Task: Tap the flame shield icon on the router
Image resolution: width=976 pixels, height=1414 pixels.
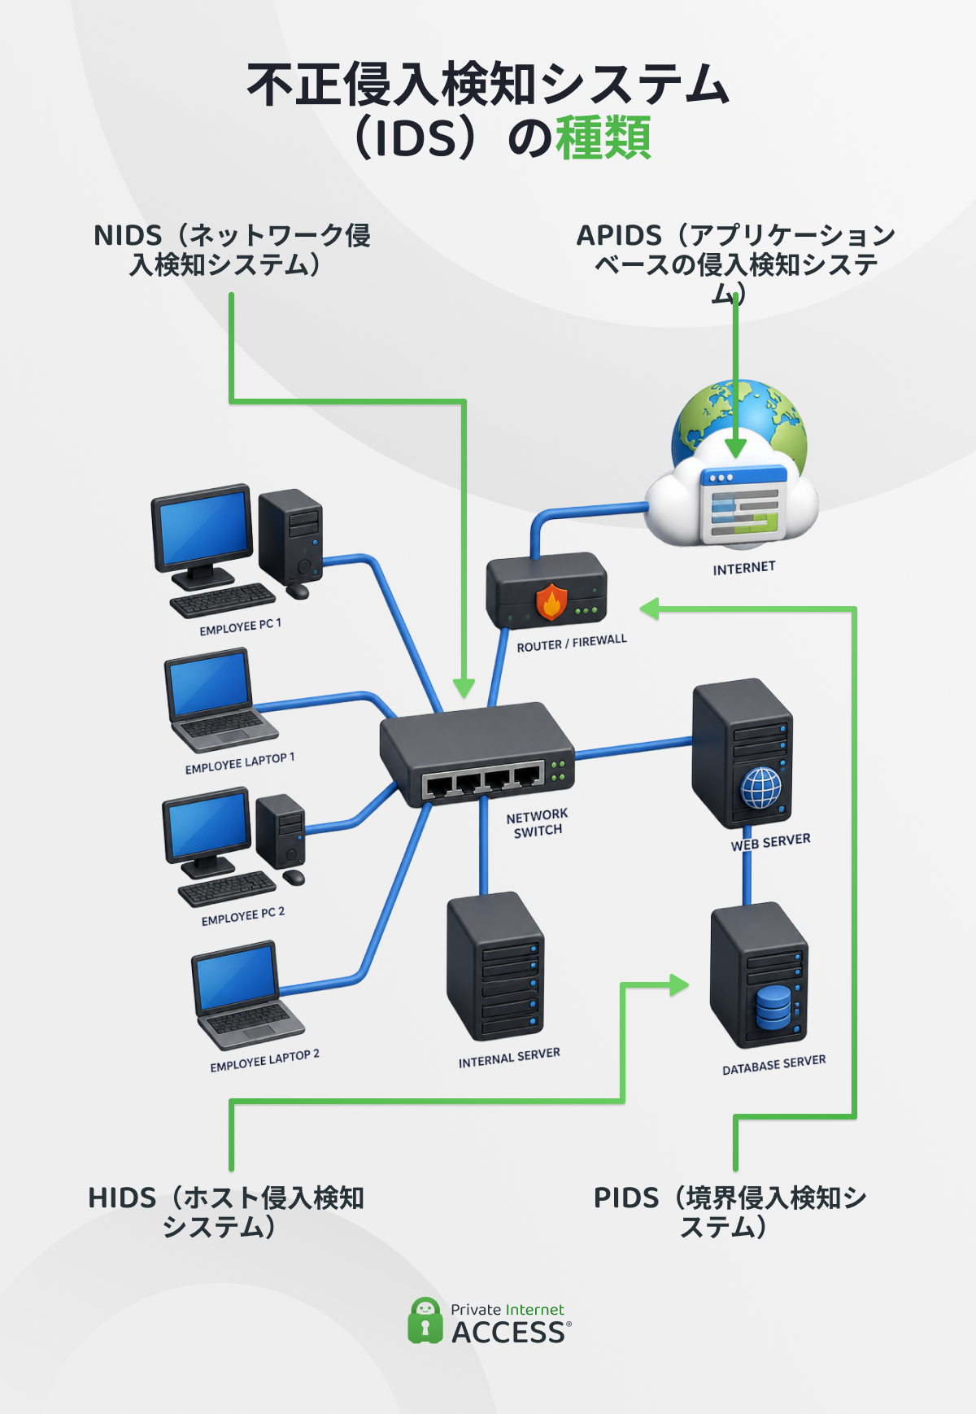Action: [551, 602]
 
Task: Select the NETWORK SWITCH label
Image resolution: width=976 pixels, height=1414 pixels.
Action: [537, 823]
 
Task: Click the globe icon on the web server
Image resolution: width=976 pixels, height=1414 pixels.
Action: [760, 788]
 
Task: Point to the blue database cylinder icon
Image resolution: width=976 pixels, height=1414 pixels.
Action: [773, 1007]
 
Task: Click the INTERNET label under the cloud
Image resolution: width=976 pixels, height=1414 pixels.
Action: [744, 568]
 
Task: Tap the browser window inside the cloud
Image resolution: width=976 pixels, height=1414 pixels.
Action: [743, 504]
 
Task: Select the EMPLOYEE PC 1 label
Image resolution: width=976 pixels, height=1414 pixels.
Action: [240, 626]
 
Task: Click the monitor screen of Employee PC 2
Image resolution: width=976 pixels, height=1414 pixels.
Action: [207, 823]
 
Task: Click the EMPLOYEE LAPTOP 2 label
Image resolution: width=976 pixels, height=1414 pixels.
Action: [264, 1060]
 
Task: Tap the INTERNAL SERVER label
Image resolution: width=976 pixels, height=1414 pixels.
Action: [509, 1058]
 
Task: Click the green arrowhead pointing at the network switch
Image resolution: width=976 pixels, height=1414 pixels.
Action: [464, 687]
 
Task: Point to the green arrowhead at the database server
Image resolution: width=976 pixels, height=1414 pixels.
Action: [679, 985]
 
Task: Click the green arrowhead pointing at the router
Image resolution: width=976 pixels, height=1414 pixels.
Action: [649, 608]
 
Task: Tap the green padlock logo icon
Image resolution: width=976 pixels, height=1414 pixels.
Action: [424, 1320]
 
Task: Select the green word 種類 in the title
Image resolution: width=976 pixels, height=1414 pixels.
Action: [603, 137]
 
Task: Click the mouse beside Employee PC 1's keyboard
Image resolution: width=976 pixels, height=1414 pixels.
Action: [298, 591]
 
